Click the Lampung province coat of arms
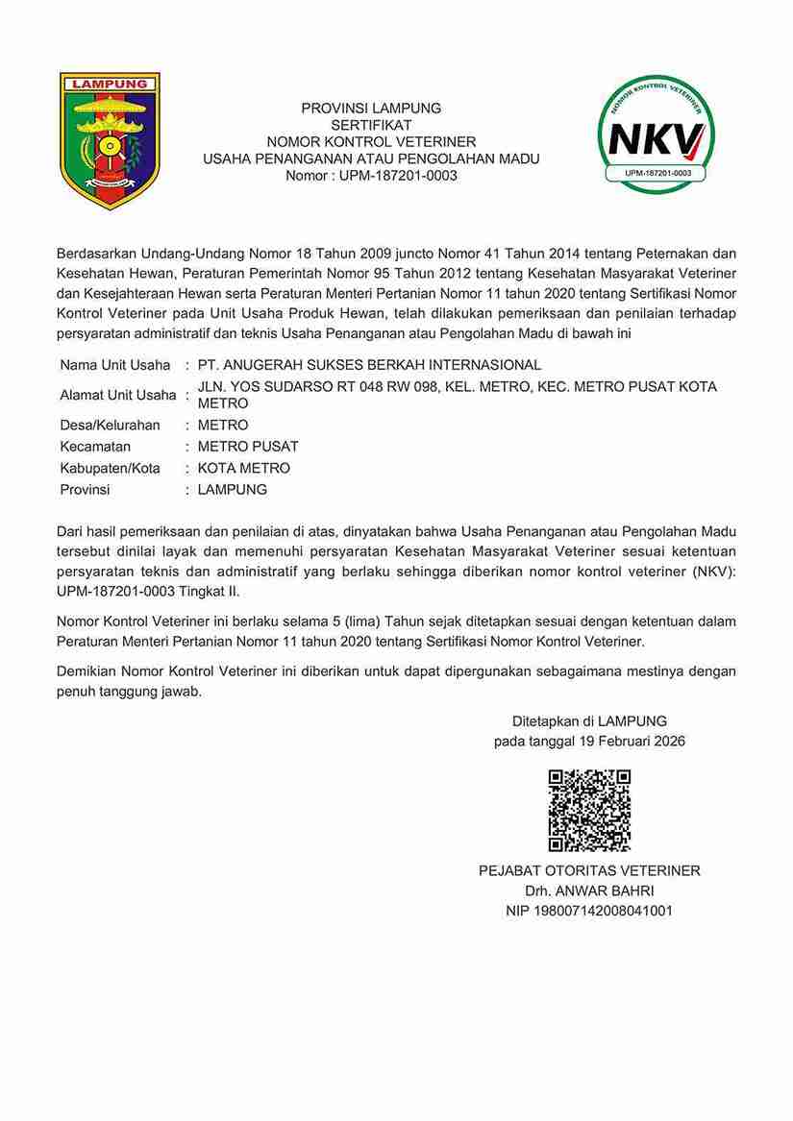click(x=110, y=141)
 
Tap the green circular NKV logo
click(x=657, y=134)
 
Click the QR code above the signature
click(x=589, y=810)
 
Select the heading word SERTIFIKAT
click(x=371, y=125)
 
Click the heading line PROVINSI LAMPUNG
click(x=371, y=108)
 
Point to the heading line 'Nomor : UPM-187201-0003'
click(x=371, y=176)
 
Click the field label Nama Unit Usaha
click(x=114, y=365)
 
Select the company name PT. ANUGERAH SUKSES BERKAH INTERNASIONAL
click(x=369, y=365)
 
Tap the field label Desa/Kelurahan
click(x=110, y=425)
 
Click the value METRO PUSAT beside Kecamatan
click(x=248, y=447)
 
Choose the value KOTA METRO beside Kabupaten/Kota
click(x=243, y=468)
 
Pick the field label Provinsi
click(x=85, y=489)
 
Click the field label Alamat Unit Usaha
click(x=118, y=395)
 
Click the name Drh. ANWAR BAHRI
click(x=589, y=890)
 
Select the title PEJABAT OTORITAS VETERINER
click(x=589, y=870)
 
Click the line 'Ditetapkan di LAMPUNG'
click(x=589, y=720)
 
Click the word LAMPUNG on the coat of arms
click(x=110, y=84)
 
